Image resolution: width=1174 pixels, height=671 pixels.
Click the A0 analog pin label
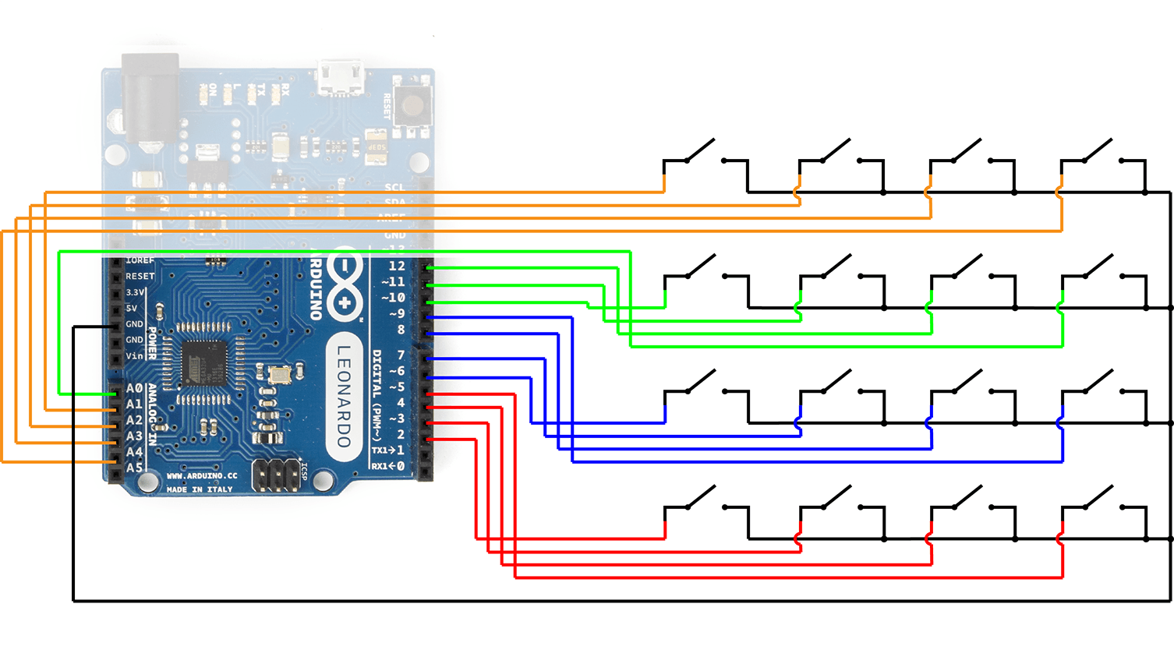pos(134,388)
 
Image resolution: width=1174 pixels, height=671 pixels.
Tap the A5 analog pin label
pos(134,468)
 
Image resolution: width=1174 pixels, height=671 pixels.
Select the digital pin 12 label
pos(397,266)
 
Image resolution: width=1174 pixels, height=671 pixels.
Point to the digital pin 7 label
pos(401,355)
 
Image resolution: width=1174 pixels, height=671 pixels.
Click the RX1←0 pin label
pos(387,466)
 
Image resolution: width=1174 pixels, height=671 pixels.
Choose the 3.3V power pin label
pos(135,292)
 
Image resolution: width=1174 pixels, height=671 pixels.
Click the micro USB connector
pos(341,78)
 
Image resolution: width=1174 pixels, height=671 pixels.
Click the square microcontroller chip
pos(204,362)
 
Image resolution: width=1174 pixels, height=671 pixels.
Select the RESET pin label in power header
pos(140,276)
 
